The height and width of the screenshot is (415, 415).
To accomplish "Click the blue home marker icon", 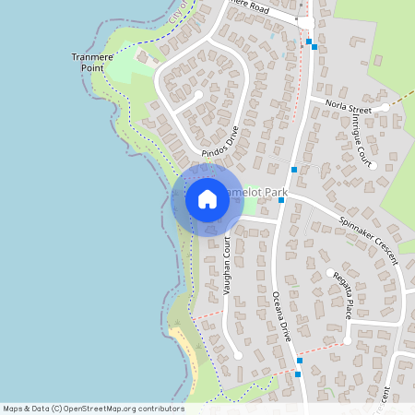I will click(x=207, y=199).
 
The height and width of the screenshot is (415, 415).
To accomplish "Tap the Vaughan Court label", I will click(x=226, y=265).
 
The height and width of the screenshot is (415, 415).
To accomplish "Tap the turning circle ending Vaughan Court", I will click(x=238, y=354).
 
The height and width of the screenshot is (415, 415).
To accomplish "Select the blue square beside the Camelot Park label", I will click(x=281, y=199).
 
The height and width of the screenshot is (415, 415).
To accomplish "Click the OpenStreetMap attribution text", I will click(x=92, y=409).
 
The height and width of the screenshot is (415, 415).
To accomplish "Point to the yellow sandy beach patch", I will click(x=187, y=346).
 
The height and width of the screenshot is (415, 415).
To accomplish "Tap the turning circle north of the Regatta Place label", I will click(x=329, y=272).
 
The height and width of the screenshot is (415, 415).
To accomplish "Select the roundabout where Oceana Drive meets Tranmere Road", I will click(x=303, y=23).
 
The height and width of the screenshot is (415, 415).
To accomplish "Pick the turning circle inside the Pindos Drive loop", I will click(x=199, y=94).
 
